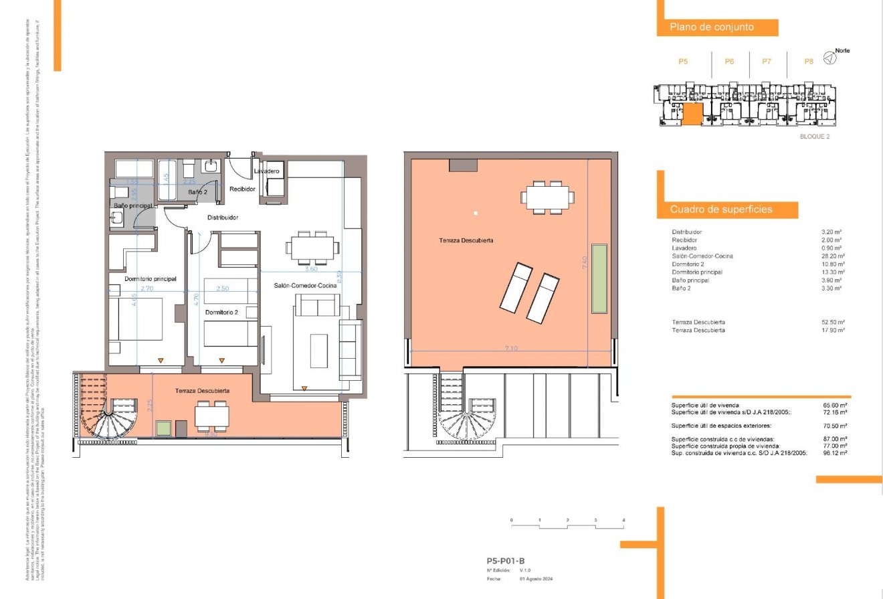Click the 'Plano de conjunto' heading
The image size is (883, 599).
[712, 27]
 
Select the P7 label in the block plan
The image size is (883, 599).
[767, 61]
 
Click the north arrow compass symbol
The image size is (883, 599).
[829, 58]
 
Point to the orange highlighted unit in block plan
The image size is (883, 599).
[692, 114]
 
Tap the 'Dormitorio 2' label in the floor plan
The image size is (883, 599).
[221, 313]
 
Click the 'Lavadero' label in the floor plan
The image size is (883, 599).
[266, 171]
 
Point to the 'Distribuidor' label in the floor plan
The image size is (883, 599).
[223, 218]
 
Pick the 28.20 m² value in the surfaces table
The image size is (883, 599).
[831, 256]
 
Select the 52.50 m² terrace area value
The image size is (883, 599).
[833, 322]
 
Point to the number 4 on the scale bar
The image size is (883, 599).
[623, 520]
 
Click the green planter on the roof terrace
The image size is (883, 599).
[599, 278]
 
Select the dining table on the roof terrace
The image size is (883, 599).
[548, 197]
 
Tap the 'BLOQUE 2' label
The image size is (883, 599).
[814, 137]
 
